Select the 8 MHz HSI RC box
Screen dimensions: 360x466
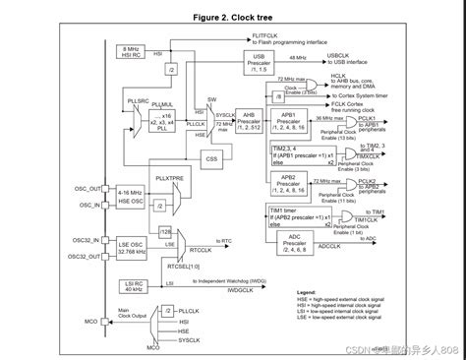tap(131, 51)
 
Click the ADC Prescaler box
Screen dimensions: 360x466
tap(293, 243)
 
